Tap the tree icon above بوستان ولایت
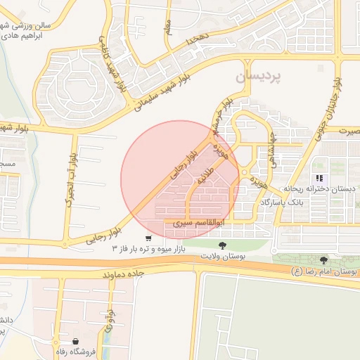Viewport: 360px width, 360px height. tap(223, 245)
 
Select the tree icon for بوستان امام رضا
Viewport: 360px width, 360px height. tap(323, 260)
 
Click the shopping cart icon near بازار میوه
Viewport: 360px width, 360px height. tap(147, 238)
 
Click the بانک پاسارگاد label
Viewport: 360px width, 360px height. tap(283, 202)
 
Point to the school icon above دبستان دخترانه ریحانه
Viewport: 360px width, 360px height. tap(319, 178)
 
